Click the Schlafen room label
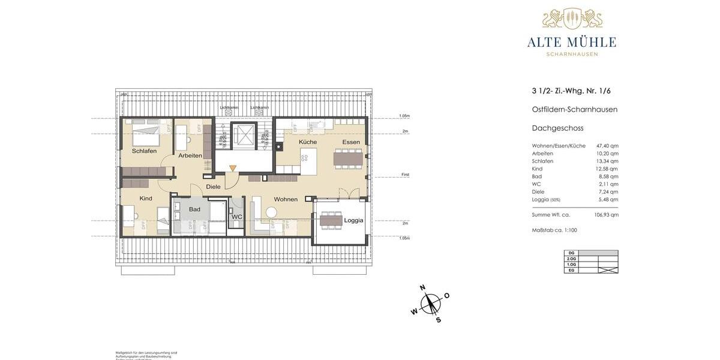144,151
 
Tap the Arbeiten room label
190,155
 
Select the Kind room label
146,199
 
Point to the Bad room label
194,209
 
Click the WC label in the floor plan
237,217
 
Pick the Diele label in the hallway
213,187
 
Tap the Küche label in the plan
308,142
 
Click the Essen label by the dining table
351,142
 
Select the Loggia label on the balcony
353,220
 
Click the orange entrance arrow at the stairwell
233,170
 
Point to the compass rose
430,303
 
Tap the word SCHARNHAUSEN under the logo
572,54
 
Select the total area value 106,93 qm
606,215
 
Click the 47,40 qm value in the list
607,146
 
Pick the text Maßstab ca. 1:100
554,230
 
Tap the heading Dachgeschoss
557,128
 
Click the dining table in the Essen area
349,157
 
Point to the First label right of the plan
405,175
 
